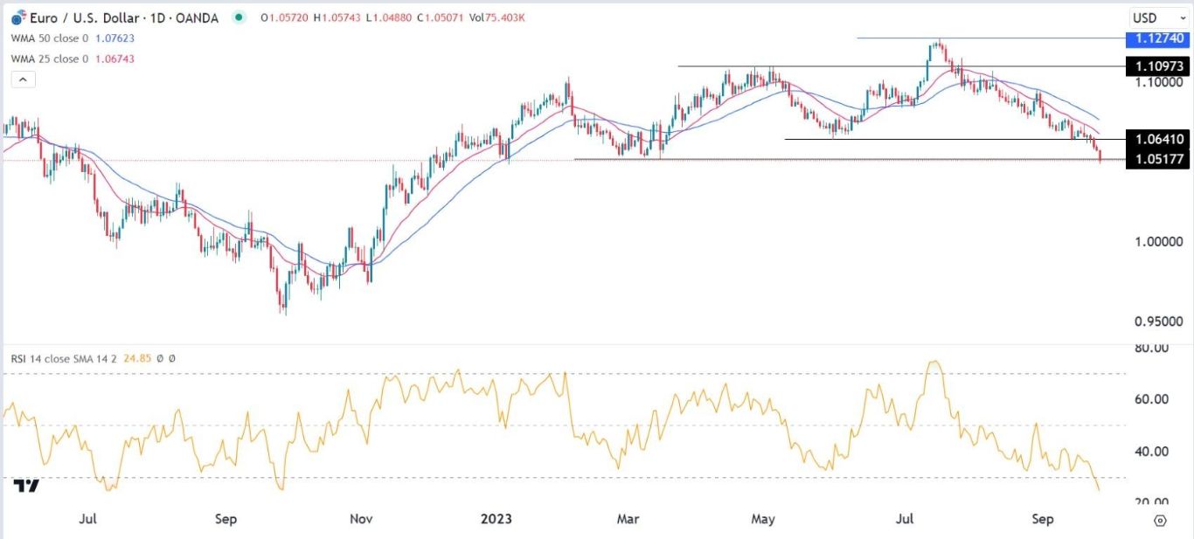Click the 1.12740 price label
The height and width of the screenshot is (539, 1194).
tap(1159, 38)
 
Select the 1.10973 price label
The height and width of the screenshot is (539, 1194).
tap(1159, 66)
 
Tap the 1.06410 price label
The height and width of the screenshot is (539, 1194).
tap(1159, 139)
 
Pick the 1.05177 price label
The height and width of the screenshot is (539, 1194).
tap(1159, 159)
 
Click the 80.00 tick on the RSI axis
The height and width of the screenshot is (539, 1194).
tap(1151, 349)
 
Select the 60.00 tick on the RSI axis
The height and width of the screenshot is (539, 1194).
tap(1151, 399)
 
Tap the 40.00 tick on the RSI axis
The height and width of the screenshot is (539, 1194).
tap(1151, 452)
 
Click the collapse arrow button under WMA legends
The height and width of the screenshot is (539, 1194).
tap(23, 79)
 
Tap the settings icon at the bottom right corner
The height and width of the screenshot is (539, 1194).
tap(1160, 521)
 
